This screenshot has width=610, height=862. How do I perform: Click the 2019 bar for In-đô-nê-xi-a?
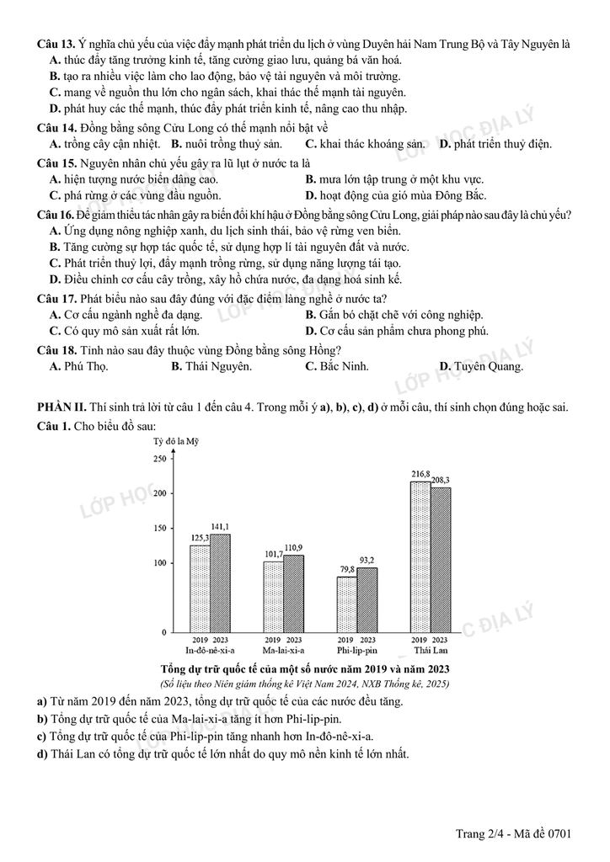(x=200, y=588)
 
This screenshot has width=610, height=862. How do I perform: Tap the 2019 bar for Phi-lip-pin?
(x=346, y=604)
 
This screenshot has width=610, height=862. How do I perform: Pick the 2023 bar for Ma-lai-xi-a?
(x=293, y=593)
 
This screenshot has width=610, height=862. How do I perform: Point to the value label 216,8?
(x=420, y=474)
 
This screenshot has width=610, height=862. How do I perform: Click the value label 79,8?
(x=346, y=570)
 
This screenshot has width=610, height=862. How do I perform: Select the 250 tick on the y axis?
(x=159, y=459)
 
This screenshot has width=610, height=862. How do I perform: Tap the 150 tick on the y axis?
(x=159, y=528)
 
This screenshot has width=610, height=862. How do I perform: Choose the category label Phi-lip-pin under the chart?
(x=356, y=650)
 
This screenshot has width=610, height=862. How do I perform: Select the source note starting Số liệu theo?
(x=304, y=684)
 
